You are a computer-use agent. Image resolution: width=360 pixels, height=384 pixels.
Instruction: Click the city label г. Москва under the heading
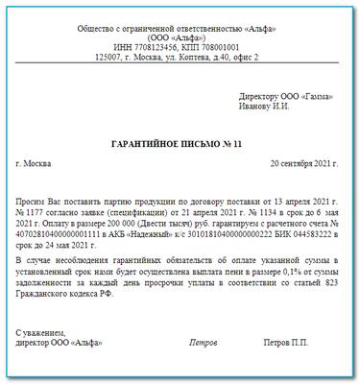[36, 164]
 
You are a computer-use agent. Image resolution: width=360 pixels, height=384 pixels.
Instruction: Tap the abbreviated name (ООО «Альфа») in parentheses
[180, 34]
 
